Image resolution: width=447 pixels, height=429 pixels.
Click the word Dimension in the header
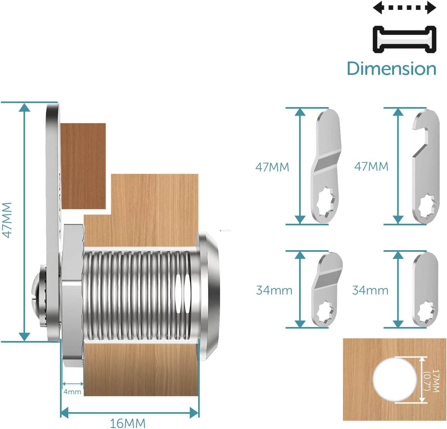[x=391, y=68]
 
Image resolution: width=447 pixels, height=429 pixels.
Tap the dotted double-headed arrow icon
[x=404, y=8]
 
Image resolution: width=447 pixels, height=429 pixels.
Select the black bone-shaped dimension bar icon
[x=404, y=40]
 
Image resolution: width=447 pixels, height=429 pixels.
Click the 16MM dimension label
[x=128, y=423]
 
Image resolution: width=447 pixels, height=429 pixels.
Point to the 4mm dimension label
[x=72, y=392]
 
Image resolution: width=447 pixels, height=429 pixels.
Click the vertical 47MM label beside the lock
[x=7, y=221]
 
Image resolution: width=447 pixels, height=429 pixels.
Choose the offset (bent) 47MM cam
[x=326, y=166]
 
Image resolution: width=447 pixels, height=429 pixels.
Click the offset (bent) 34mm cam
[x=327, y=289]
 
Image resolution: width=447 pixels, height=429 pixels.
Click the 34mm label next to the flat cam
[x=370, y=290]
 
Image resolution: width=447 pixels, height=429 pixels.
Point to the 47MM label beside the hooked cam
[x=371, y=166]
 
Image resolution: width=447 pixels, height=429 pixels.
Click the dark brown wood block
[x=83, y=166]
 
